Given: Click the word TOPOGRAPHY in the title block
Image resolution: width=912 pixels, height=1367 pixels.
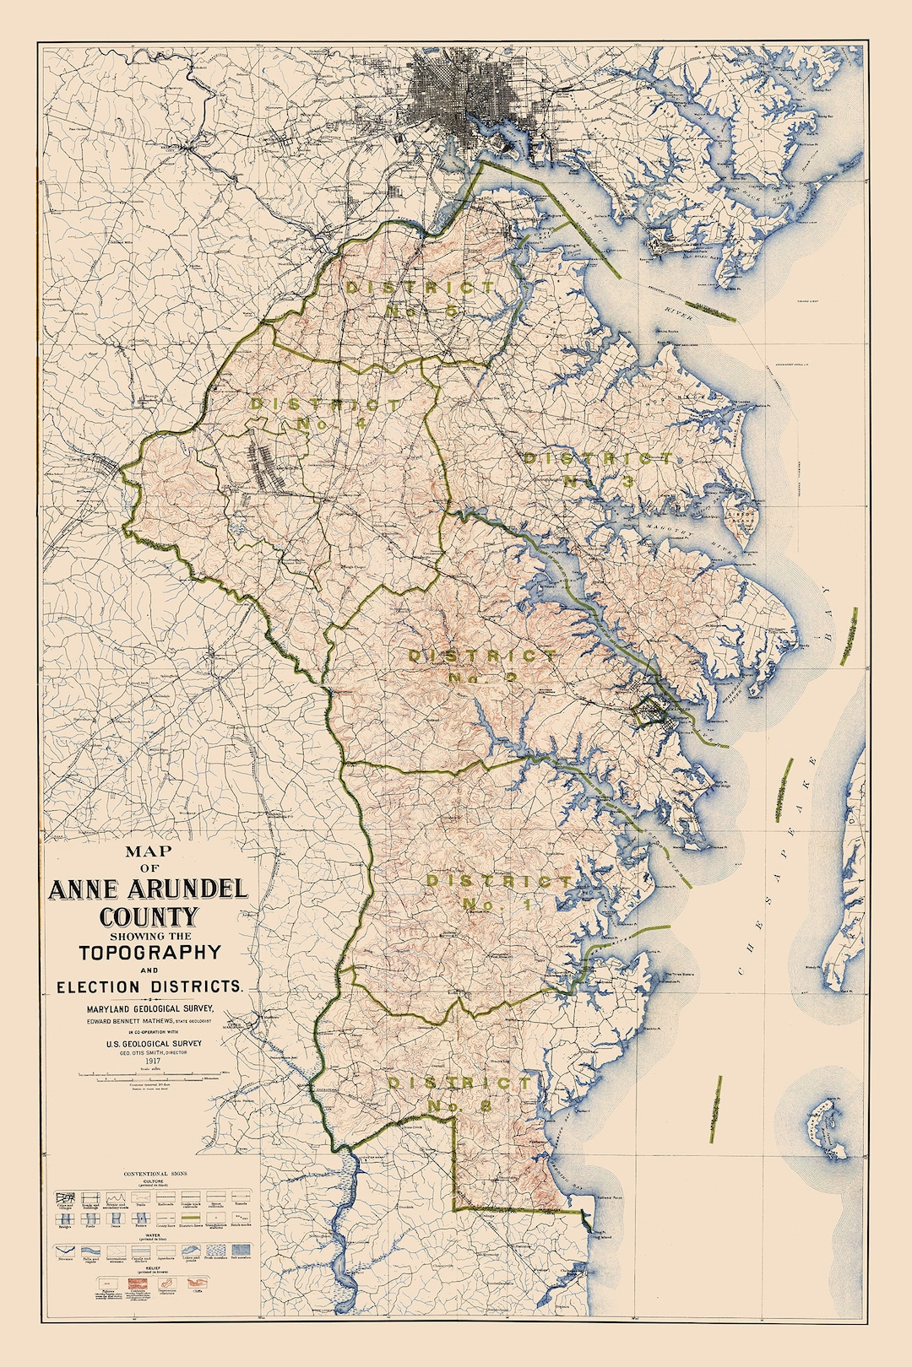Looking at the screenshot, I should click(149, 953).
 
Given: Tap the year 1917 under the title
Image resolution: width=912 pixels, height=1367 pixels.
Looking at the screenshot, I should click(153, 1061).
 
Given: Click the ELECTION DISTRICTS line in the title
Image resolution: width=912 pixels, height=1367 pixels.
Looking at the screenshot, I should click(149, 986).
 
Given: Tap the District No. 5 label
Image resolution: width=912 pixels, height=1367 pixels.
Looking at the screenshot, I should click(422, 299).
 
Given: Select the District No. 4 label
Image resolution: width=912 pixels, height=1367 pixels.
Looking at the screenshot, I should click(325, 413).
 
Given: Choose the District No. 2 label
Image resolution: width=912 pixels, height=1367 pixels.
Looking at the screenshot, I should click(481, 666).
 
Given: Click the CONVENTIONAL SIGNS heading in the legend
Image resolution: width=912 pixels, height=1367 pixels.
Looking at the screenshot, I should click(155, 1174).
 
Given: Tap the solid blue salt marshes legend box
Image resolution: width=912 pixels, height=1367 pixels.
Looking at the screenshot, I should click(241, 1250).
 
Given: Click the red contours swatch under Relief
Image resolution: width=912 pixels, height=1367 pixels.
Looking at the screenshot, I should click(138, 1283).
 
